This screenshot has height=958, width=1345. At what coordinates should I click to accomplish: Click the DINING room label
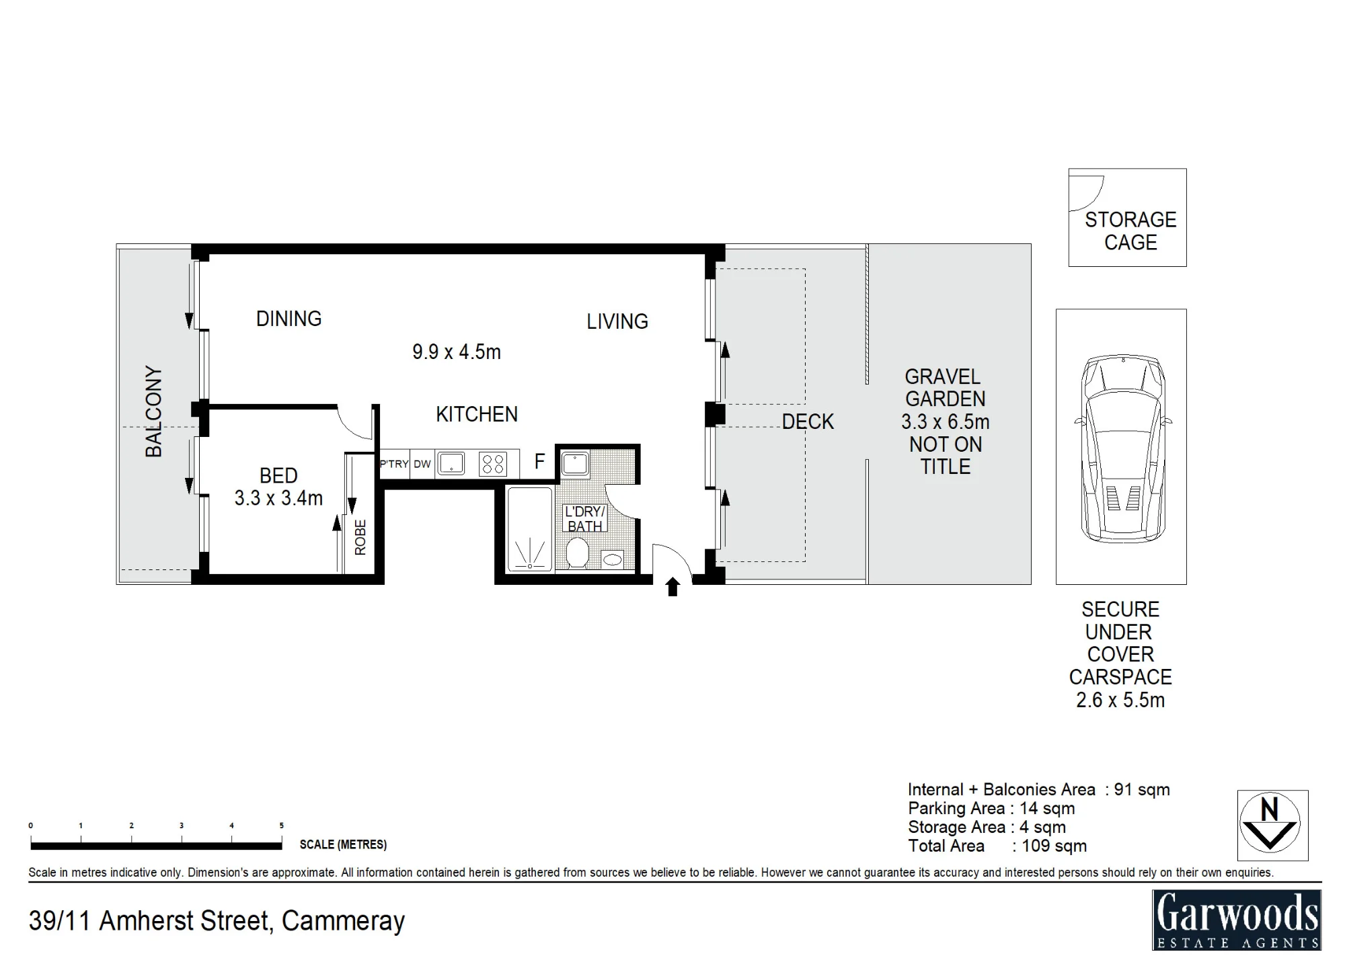pyautogui.click(x=289, y=319)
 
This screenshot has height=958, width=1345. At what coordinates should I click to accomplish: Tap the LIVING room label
pyautogui.click(x=617, y=321)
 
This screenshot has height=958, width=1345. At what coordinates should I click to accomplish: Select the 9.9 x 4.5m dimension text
pyautogui.click(x=457, y=352)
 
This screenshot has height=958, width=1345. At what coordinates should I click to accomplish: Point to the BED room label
pyautogui.click(x=278, y=475)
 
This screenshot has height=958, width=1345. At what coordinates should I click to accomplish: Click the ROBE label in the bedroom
pyautogui.click(x=360, y=537)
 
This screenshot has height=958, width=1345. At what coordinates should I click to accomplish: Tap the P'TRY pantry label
pyautogui.click(x=394, y=464)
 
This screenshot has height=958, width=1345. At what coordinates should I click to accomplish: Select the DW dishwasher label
pyautogui.click(x=422, y=464)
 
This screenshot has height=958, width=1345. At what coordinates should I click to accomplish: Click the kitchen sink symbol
pyautogui.click(x=451, y=463)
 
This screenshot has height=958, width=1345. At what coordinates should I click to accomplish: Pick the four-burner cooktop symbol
pyautogui.click(x=493, y=464)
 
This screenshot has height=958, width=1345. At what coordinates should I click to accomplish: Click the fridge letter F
pyautogui.click(x=539, y=462)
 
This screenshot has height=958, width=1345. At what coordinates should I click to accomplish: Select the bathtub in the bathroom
pyautogui.click(x=530, y=530)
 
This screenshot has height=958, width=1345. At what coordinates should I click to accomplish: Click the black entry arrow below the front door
pyautogui.click(x=672, y=587)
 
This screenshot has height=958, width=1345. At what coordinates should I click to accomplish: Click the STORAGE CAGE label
pyautogui.click(x=1131, y=231)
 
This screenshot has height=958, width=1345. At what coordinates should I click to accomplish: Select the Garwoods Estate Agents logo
pyautogui.click(x=1237, y=919)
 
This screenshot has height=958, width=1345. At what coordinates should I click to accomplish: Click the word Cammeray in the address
pyautogui.click(x=344, y=921)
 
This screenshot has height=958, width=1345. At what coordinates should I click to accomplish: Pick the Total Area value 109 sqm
pyautogui.click(x=1054, y=846)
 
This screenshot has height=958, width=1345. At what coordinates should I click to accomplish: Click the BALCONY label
pyautogui.click(x=154, y=412)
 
